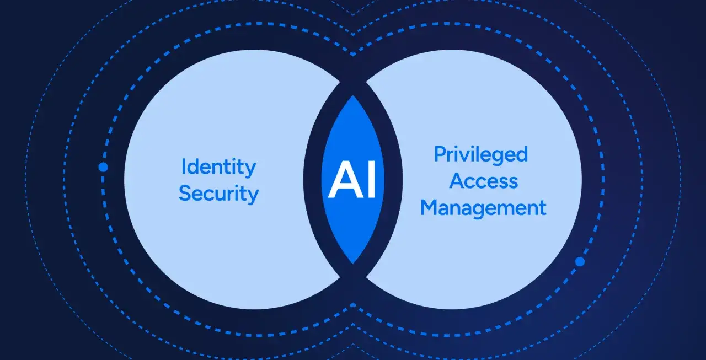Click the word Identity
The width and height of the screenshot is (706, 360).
pyautogui.click(x=218, y=168)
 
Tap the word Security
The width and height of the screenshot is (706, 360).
pyautogui.click(x=219, y=194)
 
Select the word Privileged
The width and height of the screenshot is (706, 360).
pyautogui.click(x=480, y=155)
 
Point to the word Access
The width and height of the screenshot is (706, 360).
pyautogui.click(x=484, y=181)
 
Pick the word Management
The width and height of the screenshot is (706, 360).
pyautogui.click(x=484, y=208)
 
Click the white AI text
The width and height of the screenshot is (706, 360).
pyautogui.click(x=352, y=179)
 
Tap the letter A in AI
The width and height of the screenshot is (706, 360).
pyautogui.click(x=345, y=179)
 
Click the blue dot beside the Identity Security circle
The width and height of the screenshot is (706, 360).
pyautogui.click(x=103, y=167)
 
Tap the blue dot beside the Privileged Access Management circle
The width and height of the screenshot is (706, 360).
pyautogui.click(x=580, y=261)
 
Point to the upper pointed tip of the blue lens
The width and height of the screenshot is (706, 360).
pyautogui.click(x=353, y=96)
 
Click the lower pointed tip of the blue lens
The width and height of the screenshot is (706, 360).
pyautogui.click(x=353, y=264)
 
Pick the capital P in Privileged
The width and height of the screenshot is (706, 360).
pyautogui.click(x=440, y=154)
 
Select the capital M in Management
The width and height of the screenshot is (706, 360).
pyautogui.click(x=429, y=207)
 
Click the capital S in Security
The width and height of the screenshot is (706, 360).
pyautogui.click(x=185, y=193)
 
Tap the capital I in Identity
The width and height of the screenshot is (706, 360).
pyautogui.click(x=184, y=166)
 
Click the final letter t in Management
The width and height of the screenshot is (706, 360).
pyautogui.click(x=543, y=208)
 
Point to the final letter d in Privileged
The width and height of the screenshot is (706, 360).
pyautogui.click(x=522, y=154)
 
